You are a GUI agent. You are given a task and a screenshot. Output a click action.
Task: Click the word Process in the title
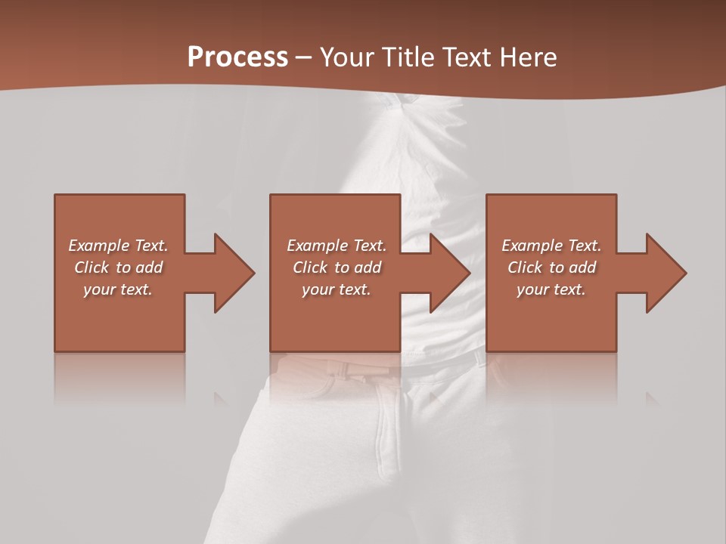(x=237, y=57)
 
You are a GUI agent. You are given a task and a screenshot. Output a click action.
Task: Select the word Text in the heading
(x=465, y=57)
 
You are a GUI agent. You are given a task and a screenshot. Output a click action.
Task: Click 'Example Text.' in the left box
(x=118, y=246)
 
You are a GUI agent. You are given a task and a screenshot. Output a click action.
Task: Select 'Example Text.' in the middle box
(x=337, y=246)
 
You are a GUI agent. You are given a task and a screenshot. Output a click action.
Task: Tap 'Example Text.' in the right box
(x=551, y=246)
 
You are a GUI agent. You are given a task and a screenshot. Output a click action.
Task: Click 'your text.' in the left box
(x=118, y=289)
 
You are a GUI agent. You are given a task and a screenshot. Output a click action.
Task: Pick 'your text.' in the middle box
(x=337, y=289)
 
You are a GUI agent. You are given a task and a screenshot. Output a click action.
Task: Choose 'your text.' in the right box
(x=551, y=289)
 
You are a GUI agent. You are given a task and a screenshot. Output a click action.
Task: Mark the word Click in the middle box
(x=310, y=267)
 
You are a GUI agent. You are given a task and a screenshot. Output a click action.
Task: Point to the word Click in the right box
(x=525, y=267)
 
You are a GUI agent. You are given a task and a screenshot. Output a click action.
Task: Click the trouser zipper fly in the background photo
(x=393, y=431)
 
